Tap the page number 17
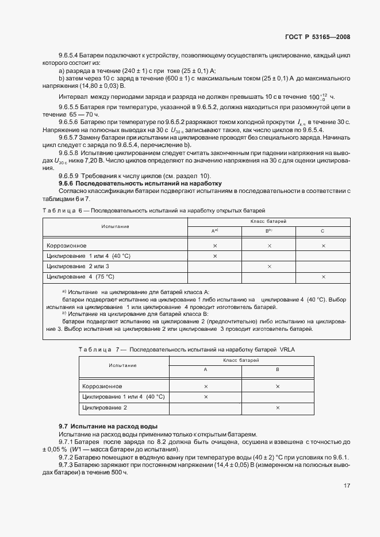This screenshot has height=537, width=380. [x=347, y=485]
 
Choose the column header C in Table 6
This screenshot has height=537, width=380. [x=323, y=230]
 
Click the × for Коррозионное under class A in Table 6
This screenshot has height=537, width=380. [x=214, y=246]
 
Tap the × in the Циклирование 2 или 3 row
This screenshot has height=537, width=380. [x=269, y=266]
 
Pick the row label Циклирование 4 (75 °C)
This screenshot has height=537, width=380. [x=80, y=277]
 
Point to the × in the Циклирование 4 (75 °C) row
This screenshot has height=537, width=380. [x=323, y=277]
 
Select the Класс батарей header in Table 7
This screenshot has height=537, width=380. [x=241, y=360]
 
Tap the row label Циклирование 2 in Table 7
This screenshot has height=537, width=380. [x=105, y=407]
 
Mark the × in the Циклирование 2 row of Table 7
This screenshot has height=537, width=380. [x=277, y=407]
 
